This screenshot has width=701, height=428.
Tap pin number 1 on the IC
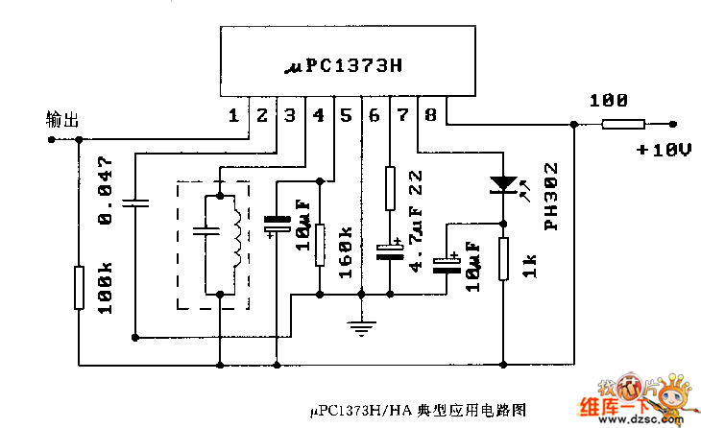(x=233, y=116)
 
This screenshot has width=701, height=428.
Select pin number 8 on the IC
(x=429, y=116)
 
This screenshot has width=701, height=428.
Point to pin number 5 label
(x=345, y=116)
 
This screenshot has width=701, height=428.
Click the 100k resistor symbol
(x=79, y=288)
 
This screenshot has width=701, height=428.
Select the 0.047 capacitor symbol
(x=136, y=202)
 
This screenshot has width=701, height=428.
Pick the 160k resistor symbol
(x=320, y=243)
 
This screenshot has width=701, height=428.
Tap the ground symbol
(x=360, y=329)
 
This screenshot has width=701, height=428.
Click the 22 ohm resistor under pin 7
(x=389, y=188)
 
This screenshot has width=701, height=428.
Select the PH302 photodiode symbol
(x=502, y=183)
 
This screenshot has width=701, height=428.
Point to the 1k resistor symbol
(x=502, y=258)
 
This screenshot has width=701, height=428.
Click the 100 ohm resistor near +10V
(x=623, y=123)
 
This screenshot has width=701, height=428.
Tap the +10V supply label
(x=663, y=151)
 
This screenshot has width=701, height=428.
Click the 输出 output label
(x=62, y=119)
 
